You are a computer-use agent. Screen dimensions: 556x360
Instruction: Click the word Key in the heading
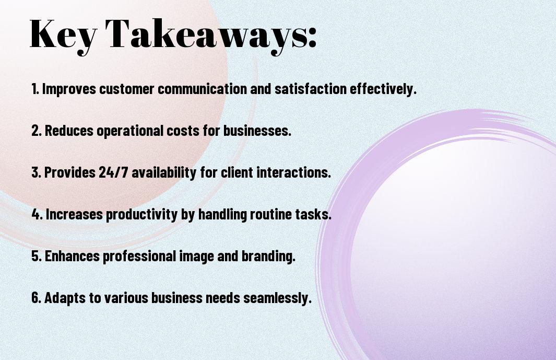[63, 36]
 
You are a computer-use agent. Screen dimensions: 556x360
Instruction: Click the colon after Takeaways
[312, 37]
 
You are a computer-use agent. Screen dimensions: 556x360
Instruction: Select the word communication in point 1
[202, 89]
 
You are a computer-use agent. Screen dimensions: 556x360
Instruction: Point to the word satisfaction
[311, 89]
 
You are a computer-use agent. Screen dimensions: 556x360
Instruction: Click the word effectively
[383, 89]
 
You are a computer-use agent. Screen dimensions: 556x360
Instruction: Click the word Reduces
[69, 131]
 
